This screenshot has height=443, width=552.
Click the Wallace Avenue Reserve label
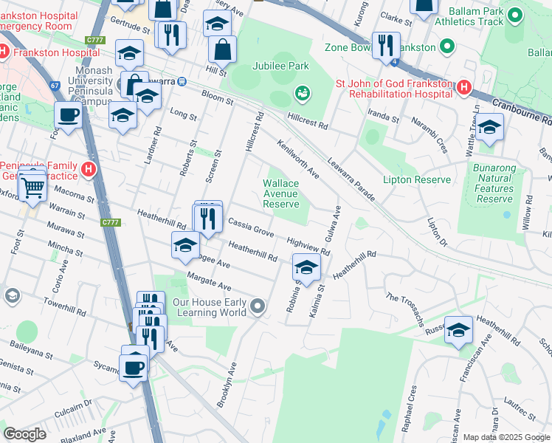(x=281, y=193)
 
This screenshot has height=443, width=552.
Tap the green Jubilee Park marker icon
(x=301, y=93)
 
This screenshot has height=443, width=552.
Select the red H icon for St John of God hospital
(x=463, y=87)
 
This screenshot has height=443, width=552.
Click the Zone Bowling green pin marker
(x=446, y=47)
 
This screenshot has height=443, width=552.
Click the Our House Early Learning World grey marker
(x=257, y=305)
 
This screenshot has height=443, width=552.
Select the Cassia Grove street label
(x=250, y=225)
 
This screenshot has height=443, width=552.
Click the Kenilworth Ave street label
(x=298, y=159)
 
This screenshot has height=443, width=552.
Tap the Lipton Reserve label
(x=416, y=179)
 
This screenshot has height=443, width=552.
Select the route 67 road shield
(x=55, y=86)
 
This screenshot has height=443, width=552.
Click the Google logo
(x=25, y=433)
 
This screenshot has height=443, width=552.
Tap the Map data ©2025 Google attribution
(x=506, y=437)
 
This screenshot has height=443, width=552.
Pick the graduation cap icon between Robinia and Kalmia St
(x=307, y=267)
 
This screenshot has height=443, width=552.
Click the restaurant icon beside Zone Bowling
(x=385, y=46)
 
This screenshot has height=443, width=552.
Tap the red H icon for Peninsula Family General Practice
(x=89, y=170)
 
